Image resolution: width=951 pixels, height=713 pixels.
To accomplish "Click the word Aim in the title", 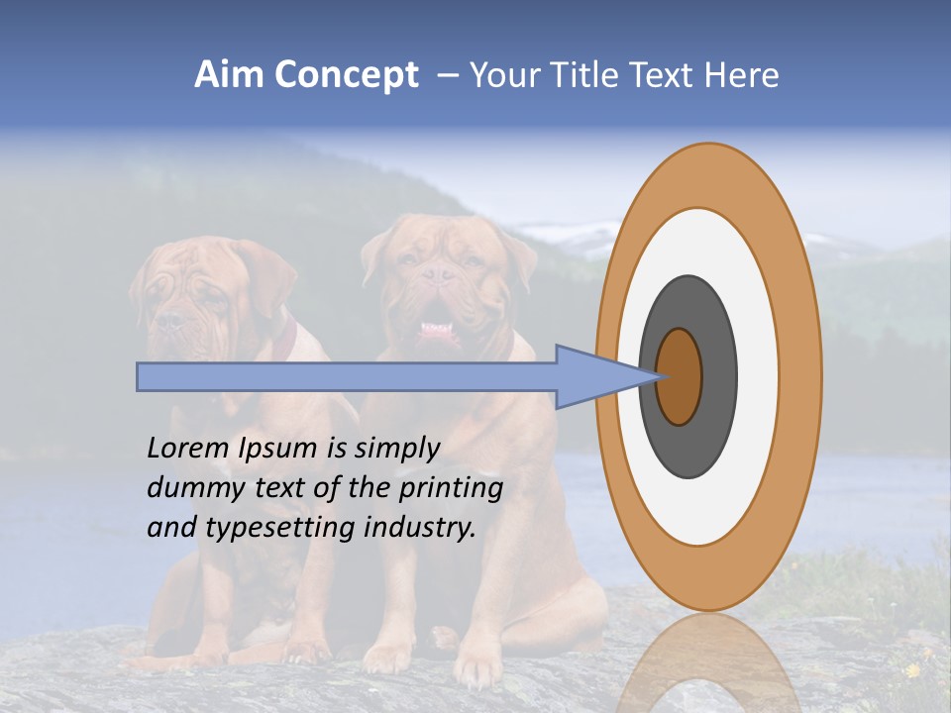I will pos(229,75).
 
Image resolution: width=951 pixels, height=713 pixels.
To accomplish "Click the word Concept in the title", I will pos(346,75).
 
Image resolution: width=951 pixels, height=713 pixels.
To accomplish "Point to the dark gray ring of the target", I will pos(689,446).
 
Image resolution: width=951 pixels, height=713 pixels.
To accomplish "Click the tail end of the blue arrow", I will pos(144,377).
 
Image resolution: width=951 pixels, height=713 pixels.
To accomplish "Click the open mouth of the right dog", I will pos(435,330).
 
